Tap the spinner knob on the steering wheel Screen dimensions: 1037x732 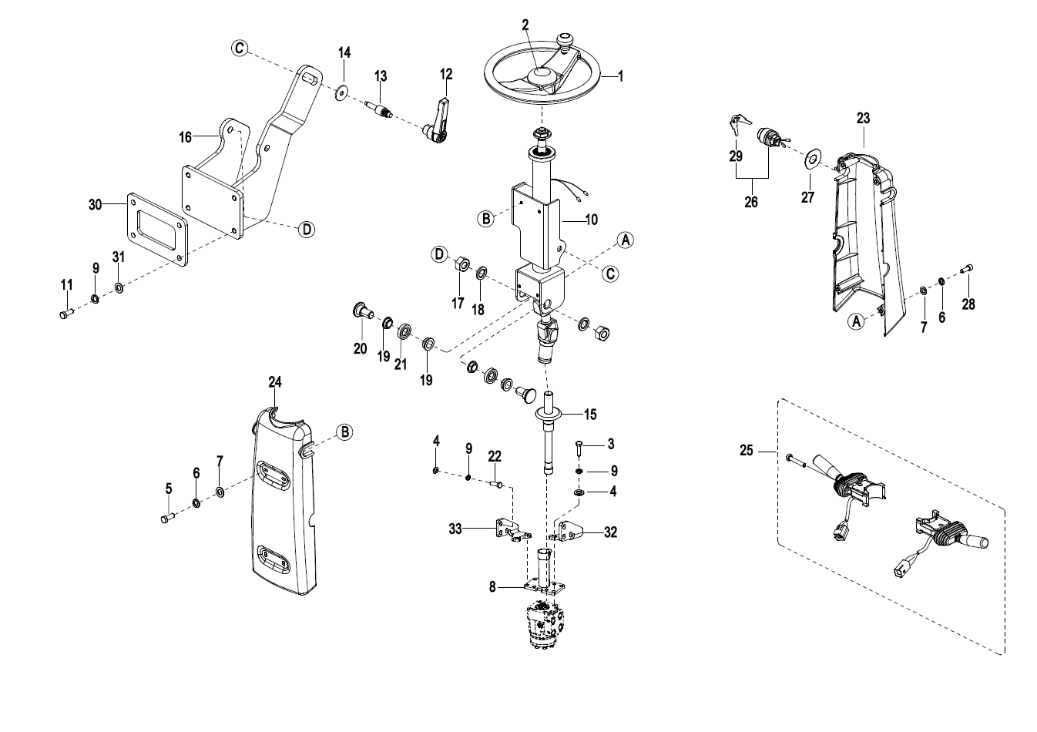point(565,39)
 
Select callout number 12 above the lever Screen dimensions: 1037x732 point(446,74)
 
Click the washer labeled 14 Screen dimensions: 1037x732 point(341,92)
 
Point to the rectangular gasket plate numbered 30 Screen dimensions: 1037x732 point(157,230)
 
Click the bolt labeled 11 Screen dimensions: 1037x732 point(66,314)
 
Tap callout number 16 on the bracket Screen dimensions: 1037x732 point(185,137)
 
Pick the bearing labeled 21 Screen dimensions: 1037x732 point(404,331)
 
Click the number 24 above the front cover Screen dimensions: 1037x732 point(274,382)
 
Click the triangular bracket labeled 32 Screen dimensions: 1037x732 point(568,531)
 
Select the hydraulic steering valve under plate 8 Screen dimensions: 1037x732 point(545,626)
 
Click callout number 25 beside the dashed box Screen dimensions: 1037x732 point(747,451)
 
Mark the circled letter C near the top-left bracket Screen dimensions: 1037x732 point(240,48)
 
